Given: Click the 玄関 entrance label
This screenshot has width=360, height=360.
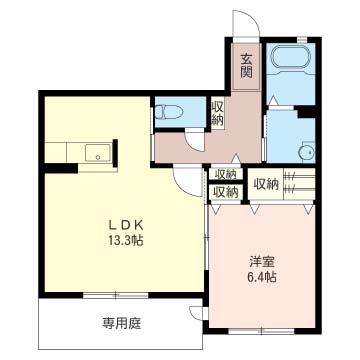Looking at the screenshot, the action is coord(246,66).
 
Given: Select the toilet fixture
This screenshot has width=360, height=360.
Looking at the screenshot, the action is coord(168,111).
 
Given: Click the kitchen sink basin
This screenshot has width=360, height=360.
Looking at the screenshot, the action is coord(98,153).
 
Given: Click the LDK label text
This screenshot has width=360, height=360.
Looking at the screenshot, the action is coord(126,226).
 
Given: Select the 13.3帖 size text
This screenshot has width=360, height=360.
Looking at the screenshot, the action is coord(125,240).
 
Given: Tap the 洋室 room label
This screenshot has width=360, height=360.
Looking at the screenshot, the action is coord(262,262).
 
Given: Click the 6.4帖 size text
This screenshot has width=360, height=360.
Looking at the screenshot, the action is coord(262,277).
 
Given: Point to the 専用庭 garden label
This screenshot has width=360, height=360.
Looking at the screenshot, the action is coord(121,323).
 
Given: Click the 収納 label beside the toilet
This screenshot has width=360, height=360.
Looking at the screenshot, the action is coord(217,112).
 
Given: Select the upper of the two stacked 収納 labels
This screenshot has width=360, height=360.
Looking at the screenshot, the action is coord(225,174).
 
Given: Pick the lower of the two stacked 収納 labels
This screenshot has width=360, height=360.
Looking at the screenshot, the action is coord(225,192).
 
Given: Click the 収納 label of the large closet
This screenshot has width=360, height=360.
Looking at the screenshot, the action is coord(266,183).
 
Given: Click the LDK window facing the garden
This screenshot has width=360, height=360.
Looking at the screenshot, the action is coord(115,295).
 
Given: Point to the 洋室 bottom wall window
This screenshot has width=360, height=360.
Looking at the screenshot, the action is coord(261,331).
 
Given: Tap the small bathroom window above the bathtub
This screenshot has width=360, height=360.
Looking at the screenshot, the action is coord(302,39).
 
